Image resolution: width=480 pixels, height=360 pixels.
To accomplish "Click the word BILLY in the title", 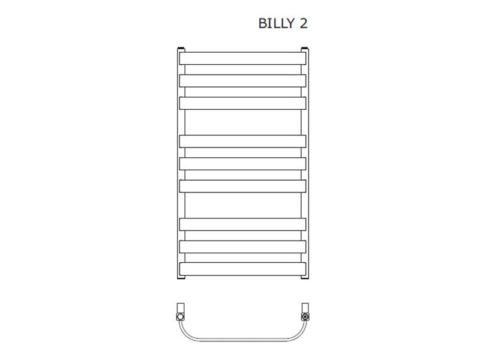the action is tap(276, 23).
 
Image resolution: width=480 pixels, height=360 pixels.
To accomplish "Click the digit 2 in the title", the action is tap(303, 23).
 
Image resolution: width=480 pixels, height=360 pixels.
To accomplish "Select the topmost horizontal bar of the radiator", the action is tap(242, 58).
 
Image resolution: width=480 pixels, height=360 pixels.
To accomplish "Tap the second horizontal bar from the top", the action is tap(242, 81).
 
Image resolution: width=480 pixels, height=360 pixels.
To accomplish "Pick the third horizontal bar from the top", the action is tap(242, 103).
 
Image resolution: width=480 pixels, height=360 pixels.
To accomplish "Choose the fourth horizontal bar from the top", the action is tap(242, 142).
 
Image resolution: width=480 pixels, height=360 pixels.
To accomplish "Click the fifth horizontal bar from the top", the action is tap(242, 164).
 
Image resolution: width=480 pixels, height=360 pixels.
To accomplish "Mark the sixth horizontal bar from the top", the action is tap(242, 186).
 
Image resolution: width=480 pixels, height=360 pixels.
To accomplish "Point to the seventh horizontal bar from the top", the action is tap(242, 224).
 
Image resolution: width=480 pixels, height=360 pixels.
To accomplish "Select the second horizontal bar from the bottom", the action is tap(242, 247).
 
